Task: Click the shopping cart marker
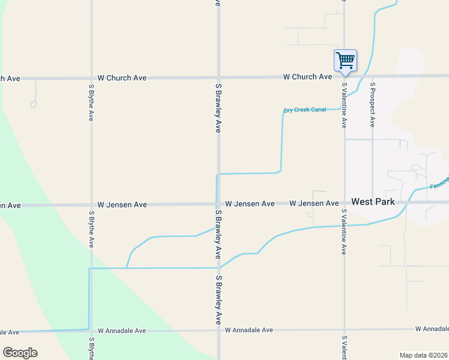(x=345, y=61)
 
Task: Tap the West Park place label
(x=373, y=202)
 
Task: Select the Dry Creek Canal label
(x=305, y=110)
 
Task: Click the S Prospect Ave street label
(x=372, y=101)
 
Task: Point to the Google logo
(x=20, y=353)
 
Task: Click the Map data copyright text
(x=424, y=355)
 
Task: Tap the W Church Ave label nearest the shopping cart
(x=307, y=77)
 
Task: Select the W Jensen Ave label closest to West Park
(x=314, y=204)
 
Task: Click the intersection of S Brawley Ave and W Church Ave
(x=218, y=78)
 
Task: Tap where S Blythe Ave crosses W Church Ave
(x=91, y=78)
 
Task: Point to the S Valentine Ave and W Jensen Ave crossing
(x=344, y=203)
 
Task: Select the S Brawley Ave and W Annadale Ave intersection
(x=218, y=330)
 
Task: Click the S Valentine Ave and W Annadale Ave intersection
(x=344, y=329)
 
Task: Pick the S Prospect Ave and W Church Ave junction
(x=372, y=76)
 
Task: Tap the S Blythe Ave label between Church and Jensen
(x=91, y=103)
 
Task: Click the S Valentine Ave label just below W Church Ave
(x=344, y=105)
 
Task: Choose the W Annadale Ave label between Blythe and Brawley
(x=122, y=331)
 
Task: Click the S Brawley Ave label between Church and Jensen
(x=218, y=108)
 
